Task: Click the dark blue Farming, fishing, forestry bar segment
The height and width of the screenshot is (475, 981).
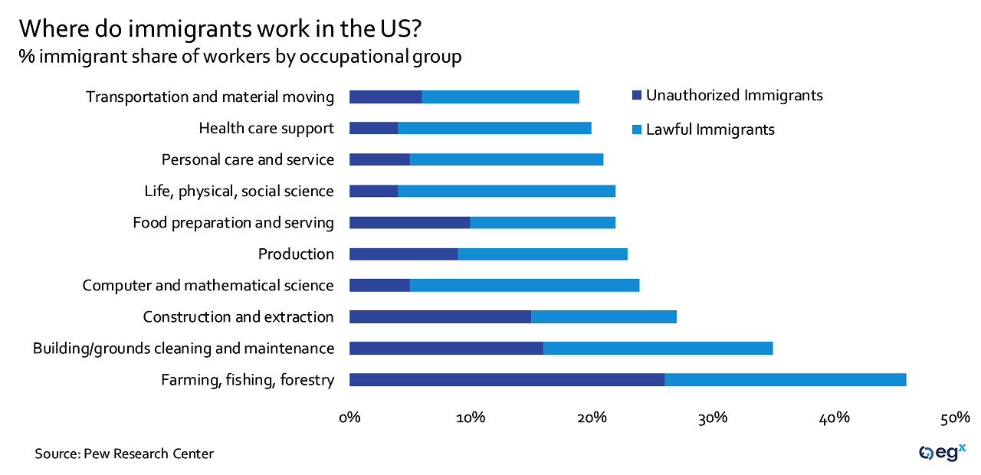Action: click(507, 380)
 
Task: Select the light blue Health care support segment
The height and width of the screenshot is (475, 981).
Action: click(494, 128)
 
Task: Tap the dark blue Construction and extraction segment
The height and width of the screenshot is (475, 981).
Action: click(440, 317)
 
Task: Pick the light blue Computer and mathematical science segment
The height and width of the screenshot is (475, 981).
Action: click(524, 286)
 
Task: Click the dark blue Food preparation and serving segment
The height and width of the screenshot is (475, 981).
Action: click(409, 223)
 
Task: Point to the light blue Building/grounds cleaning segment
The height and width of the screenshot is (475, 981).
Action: click(658, 349)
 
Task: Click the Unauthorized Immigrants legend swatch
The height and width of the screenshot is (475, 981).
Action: click(635, 96)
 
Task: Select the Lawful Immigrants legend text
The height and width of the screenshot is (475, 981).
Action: click(710, 129)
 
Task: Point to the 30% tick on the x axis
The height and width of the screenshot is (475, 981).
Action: click(713, 418)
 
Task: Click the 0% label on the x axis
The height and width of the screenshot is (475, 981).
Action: click(349, 418)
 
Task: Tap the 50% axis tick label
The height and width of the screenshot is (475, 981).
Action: click(955, 418)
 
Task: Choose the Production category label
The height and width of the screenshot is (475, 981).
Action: click(296, 254)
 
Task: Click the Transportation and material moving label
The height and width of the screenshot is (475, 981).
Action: click(210, 97)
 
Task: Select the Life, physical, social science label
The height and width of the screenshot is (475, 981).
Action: click(239, 192)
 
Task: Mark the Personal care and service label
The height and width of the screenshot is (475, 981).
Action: click(248, 160)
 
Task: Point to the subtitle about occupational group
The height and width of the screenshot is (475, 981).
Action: click(240, 57)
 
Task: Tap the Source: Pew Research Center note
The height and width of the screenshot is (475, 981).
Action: click(124, 454)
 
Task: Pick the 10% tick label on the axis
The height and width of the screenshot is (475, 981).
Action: click(471, 418)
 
